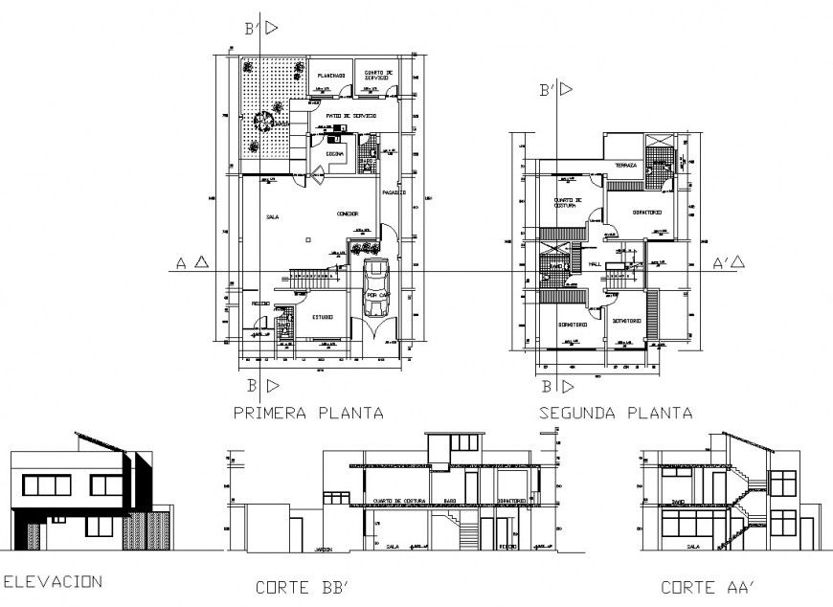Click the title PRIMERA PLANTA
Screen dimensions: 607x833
click(x=308, y=414)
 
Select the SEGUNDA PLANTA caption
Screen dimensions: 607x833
click(x=616, y=414)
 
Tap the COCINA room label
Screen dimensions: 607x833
click(x=335, y=153)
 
